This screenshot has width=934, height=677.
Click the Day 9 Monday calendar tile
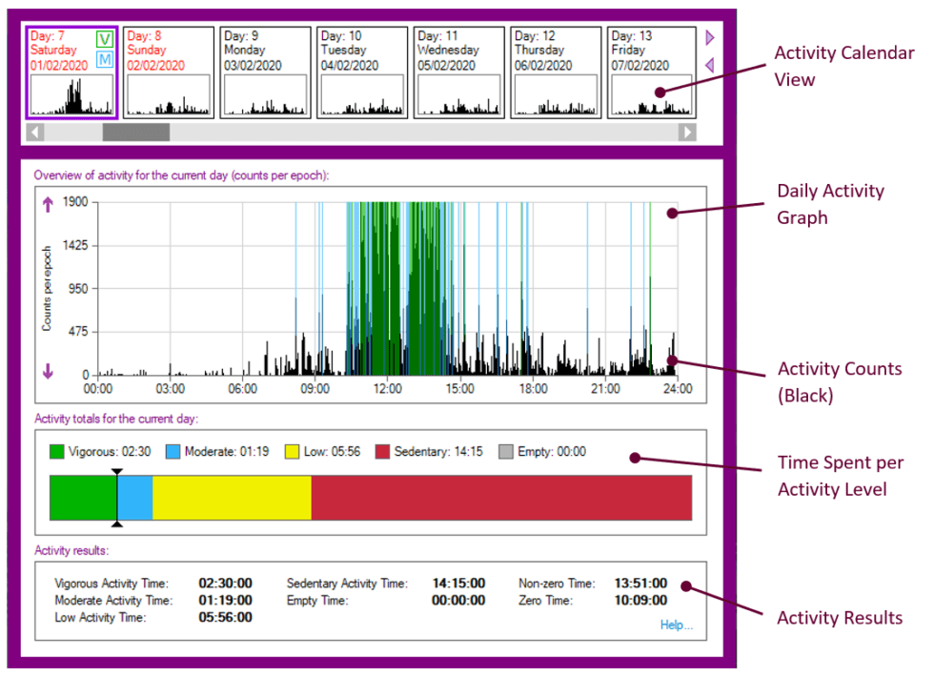(x=265, y=72)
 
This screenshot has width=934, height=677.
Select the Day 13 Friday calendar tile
(x=652, y=72)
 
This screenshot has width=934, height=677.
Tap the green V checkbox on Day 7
(x=105, y=38)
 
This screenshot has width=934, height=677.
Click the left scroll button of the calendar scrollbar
(x=37, y=133)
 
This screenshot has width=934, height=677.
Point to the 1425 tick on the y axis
(x=75, y=245)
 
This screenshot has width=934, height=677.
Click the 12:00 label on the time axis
(x=388, y=389)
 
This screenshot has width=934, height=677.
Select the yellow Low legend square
(x=291, y=452)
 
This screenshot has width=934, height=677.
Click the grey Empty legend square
(x=507, y=452)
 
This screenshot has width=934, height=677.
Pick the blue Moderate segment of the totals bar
(x=135, y=498)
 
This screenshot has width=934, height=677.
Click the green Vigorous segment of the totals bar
(x=83, y=498)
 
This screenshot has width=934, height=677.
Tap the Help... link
(x=676, y=626)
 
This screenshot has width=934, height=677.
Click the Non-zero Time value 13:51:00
(x=640, y=584)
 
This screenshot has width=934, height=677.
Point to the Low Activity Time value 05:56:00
(x=225, y=618)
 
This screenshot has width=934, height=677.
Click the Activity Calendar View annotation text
(x=843, y=66)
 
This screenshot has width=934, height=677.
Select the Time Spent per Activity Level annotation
(x=839, y=476)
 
